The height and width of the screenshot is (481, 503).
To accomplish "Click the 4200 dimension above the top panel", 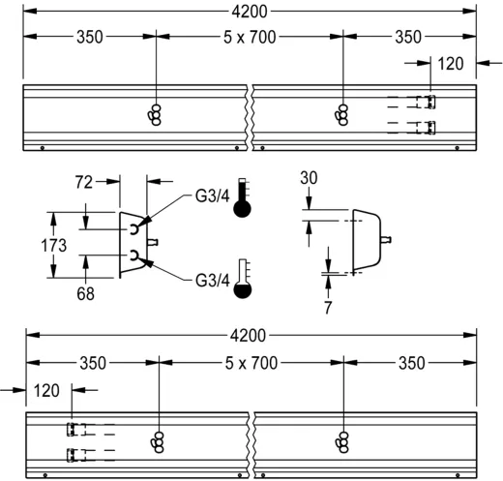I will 250,13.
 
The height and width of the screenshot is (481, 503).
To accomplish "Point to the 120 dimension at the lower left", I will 45,390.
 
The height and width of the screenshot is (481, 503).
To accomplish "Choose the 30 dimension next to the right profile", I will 308,178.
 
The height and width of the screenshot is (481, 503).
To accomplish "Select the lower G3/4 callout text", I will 211,281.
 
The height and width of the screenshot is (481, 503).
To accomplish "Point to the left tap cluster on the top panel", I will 155,113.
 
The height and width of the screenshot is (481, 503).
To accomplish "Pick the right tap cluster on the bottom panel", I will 344,441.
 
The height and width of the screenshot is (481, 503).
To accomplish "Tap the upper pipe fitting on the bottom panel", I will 74,429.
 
